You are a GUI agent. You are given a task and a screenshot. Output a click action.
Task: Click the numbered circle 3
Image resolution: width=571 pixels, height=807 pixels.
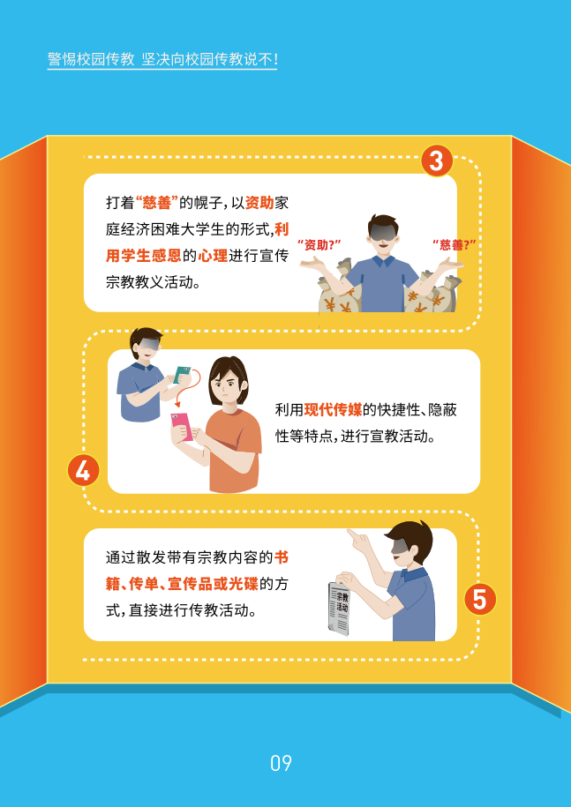click(437, 161)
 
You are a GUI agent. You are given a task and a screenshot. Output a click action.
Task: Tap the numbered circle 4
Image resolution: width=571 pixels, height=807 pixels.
click(83, 471)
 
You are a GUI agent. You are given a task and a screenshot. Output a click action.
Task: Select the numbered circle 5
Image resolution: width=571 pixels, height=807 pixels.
click(480, 599)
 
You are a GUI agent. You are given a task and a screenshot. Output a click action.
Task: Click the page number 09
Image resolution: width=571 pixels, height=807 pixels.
click(282, 763)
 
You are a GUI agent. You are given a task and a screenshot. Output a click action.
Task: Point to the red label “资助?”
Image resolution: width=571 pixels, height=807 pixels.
click(319, 244)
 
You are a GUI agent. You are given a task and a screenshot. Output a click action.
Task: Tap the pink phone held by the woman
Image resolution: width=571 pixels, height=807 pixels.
click(183, 426)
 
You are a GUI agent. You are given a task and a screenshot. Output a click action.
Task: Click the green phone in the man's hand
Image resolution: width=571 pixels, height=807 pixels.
click(183, 375)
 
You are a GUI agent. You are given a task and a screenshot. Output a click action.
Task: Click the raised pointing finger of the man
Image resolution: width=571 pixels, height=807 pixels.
click(351, 535)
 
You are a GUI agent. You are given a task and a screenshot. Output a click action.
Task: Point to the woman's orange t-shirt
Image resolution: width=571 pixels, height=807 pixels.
click(234, 447)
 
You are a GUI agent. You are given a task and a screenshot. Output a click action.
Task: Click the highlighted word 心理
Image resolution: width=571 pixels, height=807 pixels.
click(213, 255)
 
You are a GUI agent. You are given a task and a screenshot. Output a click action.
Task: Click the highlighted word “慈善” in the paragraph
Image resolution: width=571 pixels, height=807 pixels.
click(156, 203)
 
